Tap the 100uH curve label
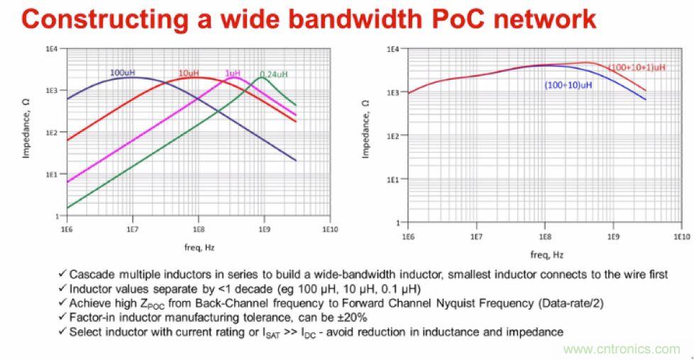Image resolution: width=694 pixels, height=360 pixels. tap(122, 72)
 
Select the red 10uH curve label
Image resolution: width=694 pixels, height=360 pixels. tap(187, 72)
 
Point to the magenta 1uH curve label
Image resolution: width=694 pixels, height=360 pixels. tap(232, 73)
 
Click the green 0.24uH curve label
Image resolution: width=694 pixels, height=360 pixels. tap(273, 74)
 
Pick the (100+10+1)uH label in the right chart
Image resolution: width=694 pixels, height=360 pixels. tap(637, 67)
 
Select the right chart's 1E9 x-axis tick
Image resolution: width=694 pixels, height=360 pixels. tap(613, 236)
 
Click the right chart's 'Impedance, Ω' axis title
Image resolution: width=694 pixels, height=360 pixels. tap(366, 129)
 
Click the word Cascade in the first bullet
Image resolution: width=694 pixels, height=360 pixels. tap(89, 275)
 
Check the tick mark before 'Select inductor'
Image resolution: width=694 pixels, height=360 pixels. tap(63, 332)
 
